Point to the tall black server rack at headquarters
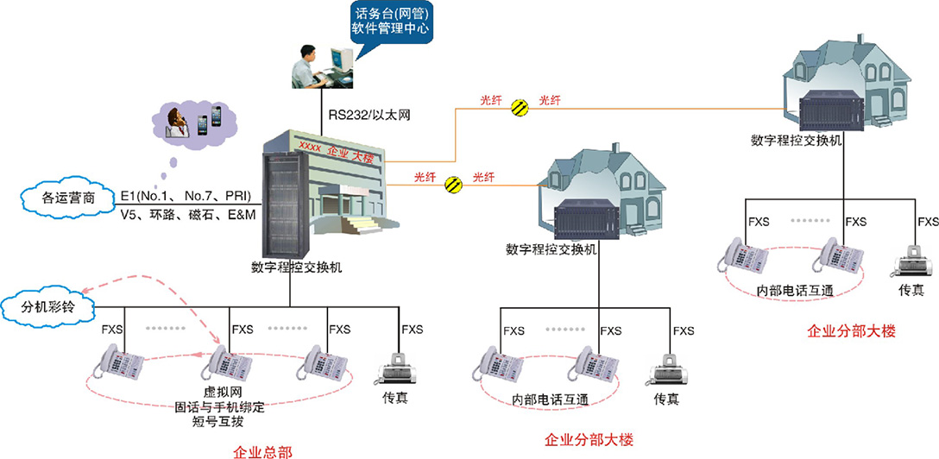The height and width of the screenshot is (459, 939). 281,206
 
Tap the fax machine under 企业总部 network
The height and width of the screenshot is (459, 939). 395,371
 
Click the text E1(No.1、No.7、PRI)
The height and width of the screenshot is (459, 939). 186,196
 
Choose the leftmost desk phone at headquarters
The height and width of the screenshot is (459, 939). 121,362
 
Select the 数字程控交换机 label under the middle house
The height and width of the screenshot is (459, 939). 551,249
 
